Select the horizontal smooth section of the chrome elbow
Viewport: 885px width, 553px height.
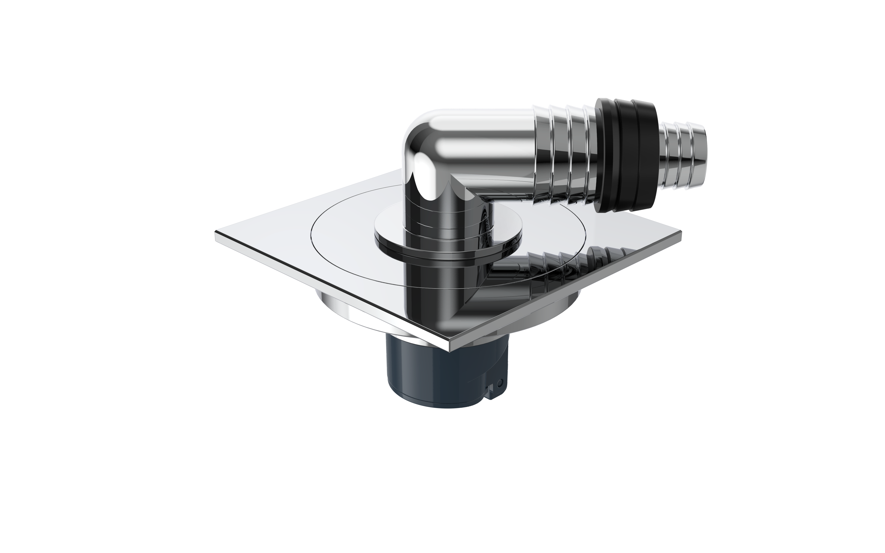point(486,146)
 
